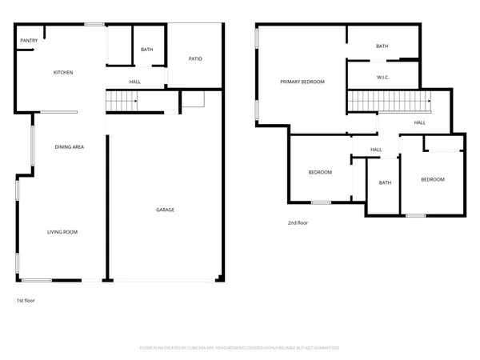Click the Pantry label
[30, 41]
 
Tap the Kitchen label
[63, 73]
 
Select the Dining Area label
[70, 147]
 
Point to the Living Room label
[63, 232]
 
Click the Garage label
[165, 210]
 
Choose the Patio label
[194, 59]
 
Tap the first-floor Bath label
[146, 50]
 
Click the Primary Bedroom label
[302, 82]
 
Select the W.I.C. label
[382, 78]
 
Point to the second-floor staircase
[389, 102]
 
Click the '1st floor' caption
[26, 301]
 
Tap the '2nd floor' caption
[298, 223]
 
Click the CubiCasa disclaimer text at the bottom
[240, 348]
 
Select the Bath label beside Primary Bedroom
[382, 46]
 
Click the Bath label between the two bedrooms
[386, 182]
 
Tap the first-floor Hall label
[135, 82]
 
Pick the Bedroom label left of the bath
[320, 173]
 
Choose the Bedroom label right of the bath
[433, 179]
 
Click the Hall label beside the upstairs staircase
[419, 122]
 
